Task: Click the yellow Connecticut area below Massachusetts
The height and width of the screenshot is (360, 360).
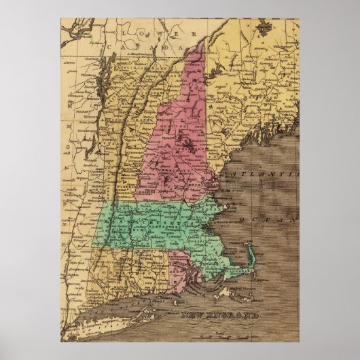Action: (x=136, y=268)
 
